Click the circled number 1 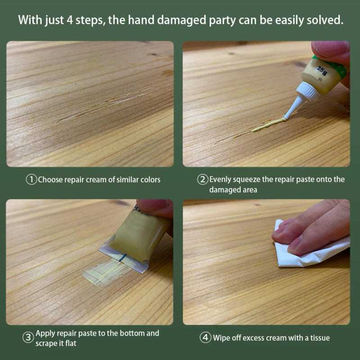coord(31,180)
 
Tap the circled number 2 coord(203,180)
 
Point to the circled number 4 coord(205,337)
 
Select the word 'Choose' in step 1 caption coord(50,180)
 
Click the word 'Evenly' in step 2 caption coord(220,179)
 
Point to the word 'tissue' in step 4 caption coord(319,337)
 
